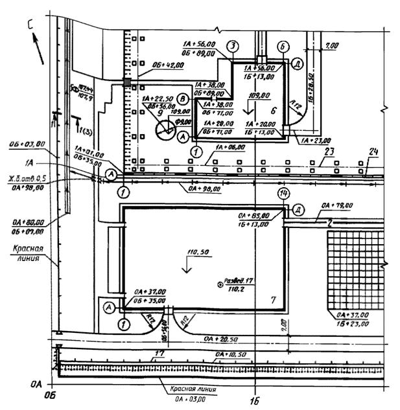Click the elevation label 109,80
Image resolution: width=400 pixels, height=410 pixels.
259,95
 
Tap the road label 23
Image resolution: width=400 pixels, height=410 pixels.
329,153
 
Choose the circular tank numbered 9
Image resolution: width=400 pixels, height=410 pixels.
166,128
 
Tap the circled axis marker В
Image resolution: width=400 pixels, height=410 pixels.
184,99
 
